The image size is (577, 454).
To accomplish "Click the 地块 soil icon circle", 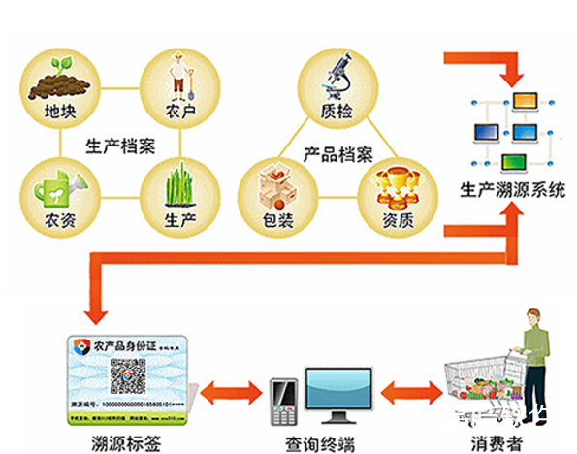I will [60, 93].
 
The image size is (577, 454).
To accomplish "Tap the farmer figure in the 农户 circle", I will [177, 81].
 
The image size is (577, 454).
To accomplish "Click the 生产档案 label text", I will [120, 146].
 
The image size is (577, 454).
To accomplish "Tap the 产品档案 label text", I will [338, 153].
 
